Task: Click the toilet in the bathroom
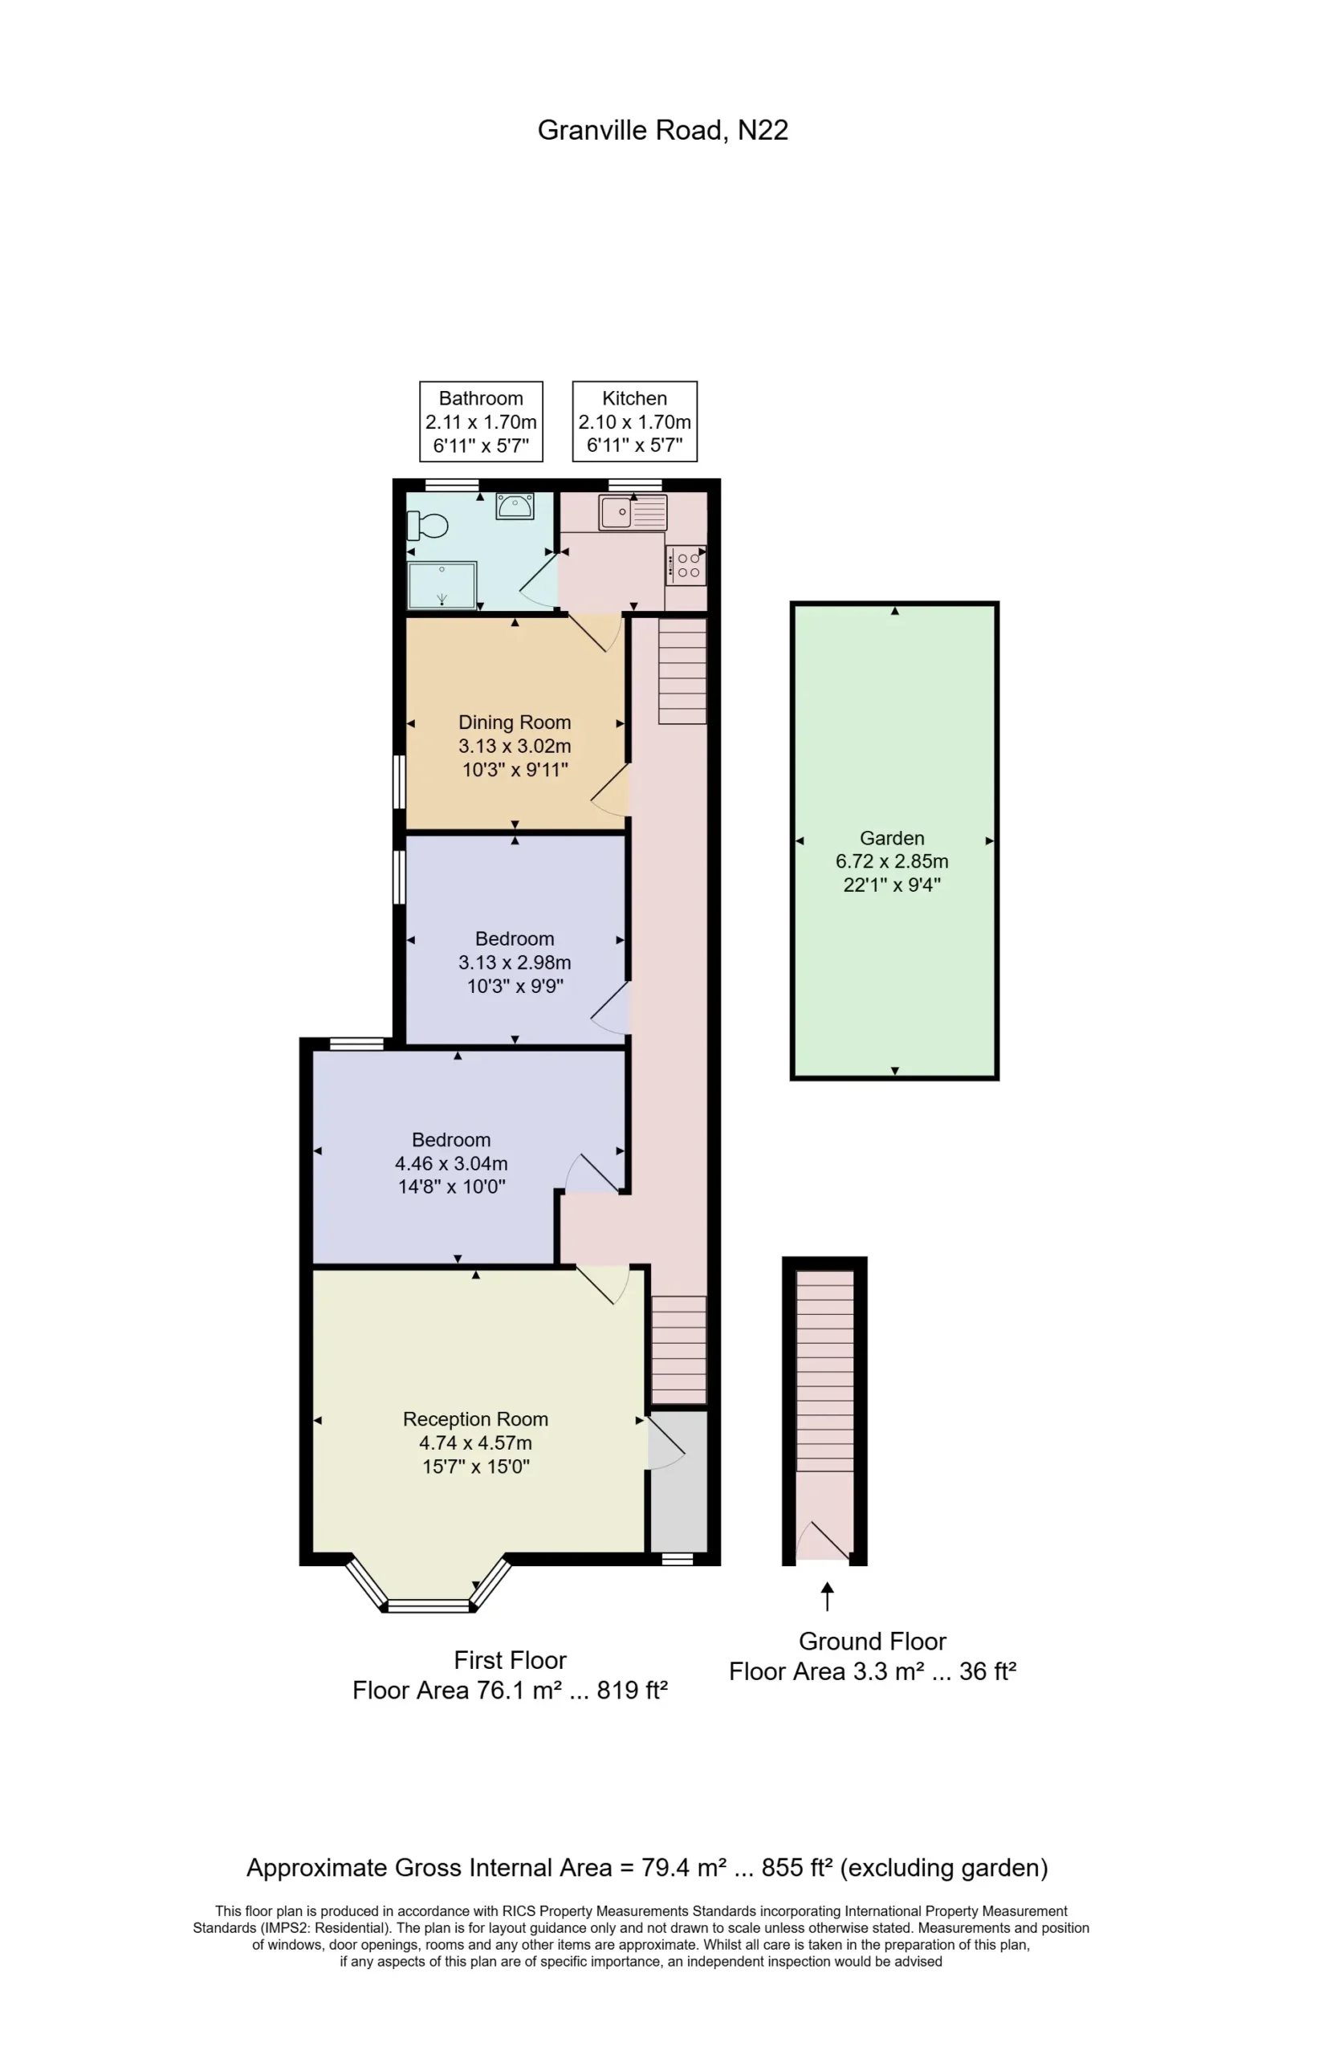pos(427,524)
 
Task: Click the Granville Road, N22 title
pos(662,129)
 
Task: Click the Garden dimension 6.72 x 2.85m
pos(892,861)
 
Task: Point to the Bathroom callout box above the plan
pos(481,421)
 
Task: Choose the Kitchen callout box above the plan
pos(634,421)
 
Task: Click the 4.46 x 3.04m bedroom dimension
pos(450,1163)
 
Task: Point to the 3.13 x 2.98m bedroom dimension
pos(515,962)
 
